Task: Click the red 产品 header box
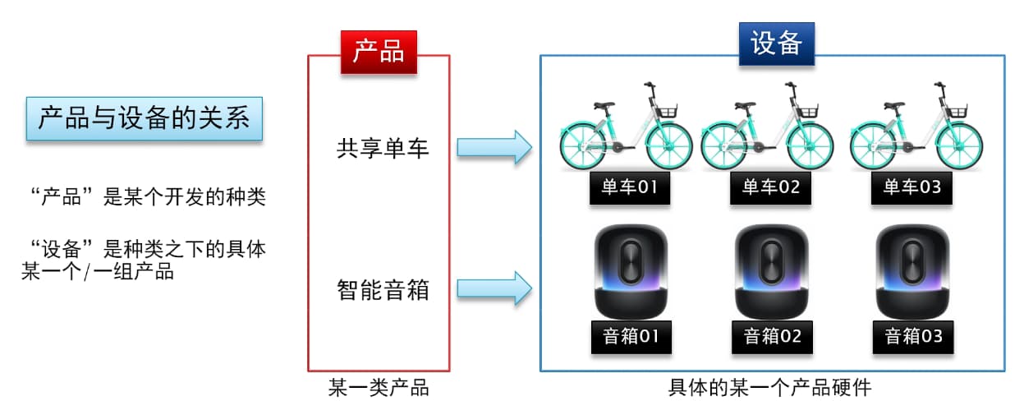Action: (379, 51)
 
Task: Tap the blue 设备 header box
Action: (776, 44)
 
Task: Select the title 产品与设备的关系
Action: (144, 118)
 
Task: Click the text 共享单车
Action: (383, 148)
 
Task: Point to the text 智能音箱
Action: (383, 289)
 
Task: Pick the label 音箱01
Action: (630, 336)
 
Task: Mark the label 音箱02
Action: (771, 336)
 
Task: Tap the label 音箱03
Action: (912, 336)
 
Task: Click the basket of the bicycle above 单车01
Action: (664, 109)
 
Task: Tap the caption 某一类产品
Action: (379, 387)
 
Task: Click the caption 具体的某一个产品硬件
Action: (770, 387)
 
